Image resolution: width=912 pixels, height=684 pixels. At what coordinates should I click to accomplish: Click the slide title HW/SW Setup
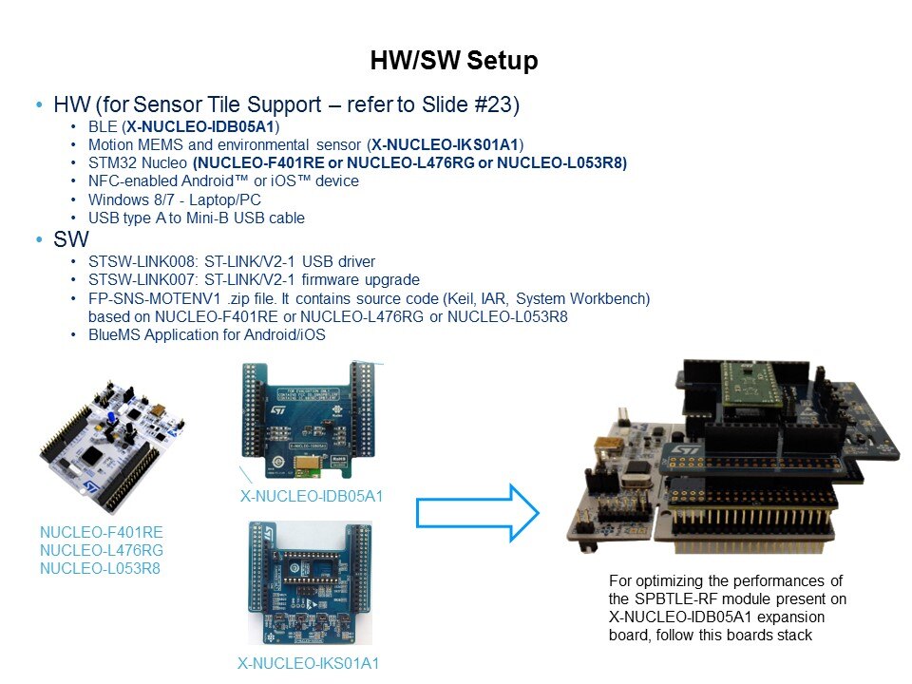pyautogui.click(x=454, y=61)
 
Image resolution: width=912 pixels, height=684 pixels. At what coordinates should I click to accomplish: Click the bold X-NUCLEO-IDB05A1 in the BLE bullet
pyautogui.click(x=200, y=126)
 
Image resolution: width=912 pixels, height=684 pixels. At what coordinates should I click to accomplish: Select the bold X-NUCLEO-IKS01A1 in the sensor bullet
pyautogui.click(x=445, y=144)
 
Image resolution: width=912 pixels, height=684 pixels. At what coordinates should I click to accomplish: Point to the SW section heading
pyautogui.click(x=71, y=239)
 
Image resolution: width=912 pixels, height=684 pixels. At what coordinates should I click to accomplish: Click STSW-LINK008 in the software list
pyautogui.click(x=142, y=262)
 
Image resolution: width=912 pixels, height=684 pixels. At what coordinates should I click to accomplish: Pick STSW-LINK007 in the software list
pyautogui.click(x=142, y=280)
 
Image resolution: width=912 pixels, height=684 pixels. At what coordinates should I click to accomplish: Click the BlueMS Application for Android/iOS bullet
pyautogui.click(x=206, y=335)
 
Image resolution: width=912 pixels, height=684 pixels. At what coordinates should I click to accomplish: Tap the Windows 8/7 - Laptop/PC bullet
pyautogui.click(x=175, y=200)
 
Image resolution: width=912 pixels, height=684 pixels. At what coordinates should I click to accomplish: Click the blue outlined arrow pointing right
pyautogui.click(x=478, y=512)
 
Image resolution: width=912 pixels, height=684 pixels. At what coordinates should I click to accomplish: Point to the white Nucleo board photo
pyautogui.click(x=113, y=446)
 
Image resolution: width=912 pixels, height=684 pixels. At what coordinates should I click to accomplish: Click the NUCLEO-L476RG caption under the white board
pyautogui.click(x=102, y=550)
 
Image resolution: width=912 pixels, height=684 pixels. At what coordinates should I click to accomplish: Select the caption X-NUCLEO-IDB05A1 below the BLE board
pyautogui.click(x=312, y=496)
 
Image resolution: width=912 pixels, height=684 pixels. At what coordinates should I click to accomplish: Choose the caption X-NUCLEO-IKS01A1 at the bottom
pyautogui.click(x=308, y=663)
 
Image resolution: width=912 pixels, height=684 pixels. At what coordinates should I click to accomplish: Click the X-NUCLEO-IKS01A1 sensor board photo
pyautogui.click(x=311, y=582)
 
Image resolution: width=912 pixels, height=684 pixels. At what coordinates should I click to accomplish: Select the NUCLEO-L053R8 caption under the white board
pyautogui.click(x=100, y=568)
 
